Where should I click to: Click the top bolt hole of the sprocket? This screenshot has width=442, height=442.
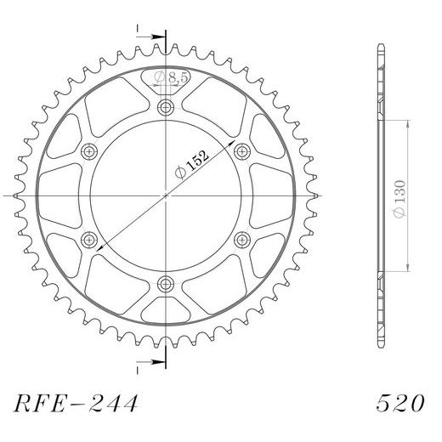165,107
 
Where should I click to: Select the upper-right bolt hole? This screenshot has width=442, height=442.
241,151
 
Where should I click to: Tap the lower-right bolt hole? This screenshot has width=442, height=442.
241,239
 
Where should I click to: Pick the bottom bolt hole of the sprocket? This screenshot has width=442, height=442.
165,283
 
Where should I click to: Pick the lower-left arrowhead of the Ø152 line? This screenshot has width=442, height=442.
99,246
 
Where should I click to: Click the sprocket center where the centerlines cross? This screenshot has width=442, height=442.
165,195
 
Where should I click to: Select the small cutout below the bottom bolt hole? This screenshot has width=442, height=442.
165,306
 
